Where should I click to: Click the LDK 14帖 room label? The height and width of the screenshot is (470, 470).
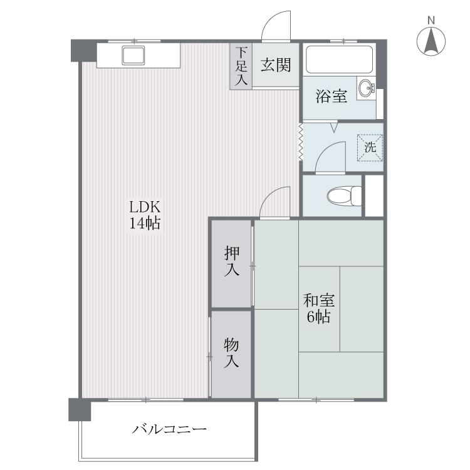tap(145, 214)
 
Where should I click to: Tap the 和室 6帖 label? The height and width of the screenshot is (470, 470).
tap(318, 308)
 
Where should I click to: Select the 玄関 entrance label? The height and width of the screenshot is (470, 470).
tap(276, 65)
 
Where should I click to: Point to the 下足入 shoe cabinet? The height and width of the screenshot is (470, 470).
tap(241, 66)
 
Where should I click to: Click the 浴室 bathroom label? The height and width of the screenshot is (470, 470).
tap(332, 97)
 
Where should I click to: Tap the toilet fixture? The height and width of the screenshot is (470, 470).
tap(345, 196)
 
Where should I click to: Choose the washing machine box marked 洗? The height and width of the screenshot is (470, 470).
tap(370, 148)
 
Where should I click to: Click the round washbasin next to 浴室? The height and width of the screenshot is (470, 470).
tap(367, 88)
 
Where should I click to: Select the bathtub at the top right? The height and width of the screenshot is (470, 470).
tap(340, 60)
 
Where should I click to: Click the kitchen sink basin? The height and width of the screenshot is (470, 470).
tap(133, 55)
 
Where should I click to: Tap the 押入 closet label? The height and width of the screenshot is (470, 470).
tap(232, 261)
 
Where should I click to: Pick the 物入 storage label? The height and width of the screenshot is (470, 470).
tap(231, 352)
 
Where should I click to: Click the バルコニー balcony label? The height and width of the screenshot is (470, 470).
tap(169, 429)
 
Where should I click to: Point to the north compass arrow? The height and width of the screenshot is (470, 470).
tap(431, 41)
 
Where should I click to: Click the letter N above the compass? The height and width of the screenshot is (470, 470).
tap(431, 21)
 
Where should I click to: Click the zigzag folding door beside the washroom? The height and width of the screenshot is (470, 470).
tap(300, 142)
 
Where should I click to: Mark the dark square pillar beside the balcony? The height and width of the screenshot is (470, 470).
tap(80, 409)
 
